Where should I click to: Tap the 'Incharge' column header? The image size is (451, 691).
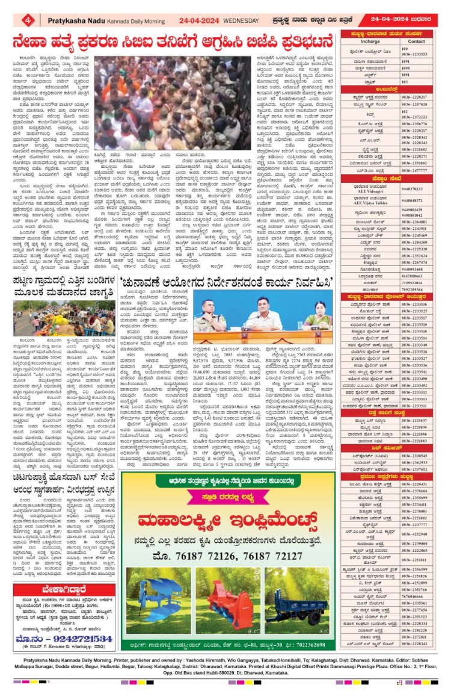tap(370, 42)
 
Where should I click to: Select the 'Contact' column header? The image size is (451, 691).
tap(416, 42)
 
